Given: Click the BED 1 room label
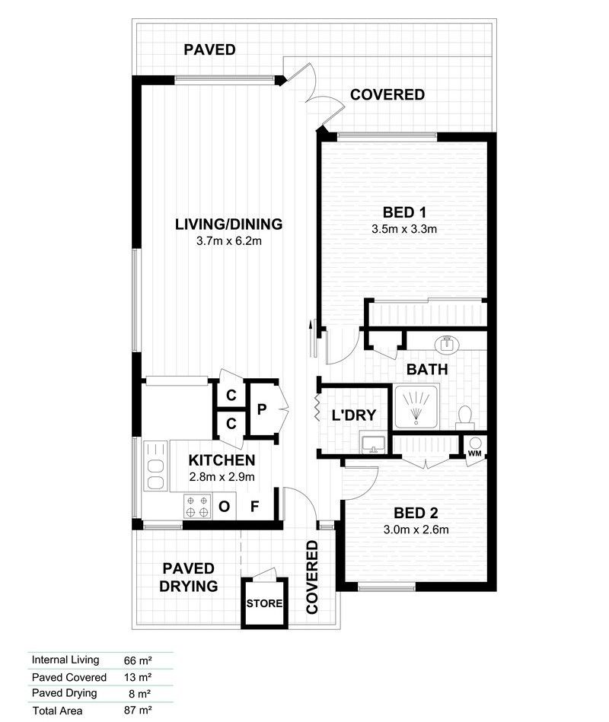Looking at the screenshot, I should coord(403,212).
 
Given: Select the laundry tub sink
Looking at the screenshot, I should coord(373,443).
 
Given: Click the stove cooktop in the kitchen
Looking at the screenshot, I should coord(197,504).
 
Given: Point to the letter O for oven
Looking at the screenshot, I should coord(225,507).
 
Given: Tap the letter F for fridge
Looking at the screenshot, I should coord(255,507).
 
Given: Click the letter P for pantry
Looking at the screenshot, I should coord(261,409).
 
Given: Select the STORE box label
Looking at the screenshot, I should coord(265,604).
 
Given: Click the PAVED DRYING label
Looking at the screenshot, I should coord(190,577).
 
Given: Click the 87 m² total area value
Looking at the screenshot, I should coord(138,711).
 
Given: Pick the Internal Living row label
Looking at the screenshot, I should coord(65,660).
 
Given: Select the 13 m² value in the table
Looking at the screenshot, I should coord(138,677).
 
